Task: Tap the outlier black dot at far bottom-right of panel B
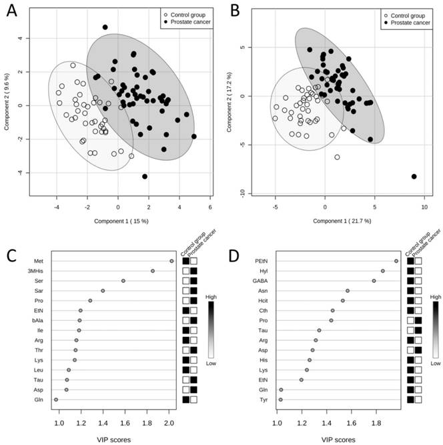tap(414, 176)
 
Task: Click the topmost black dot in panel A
tap(105, 27)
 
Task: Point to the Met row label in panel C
tap(37, 261)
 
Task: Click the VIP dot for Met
tap(171, 261)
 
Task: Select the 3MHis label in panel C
tap(35, 271)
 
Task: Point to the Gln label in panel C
tap(38, 400)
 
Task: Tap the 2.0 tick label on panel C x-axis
tap(169, 422)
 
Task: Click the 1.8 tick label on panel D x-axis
tap(376, 422)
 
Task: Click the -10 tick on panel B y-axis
tap(248, 193)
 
